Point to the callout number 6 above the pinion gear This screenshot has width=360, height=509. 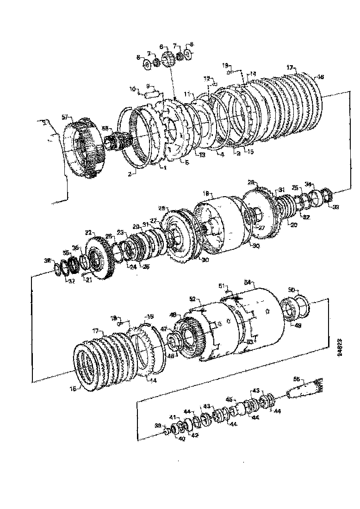pyautogui.click(x=161, y=47)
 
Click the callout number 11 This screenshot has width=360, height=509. pyautogui.click(x=187, y=94)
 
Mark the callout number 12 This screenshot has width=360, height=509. pyautogui.click(x=206, y=78)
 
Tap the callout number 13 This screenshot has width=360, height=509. pyautogui.click(x=202, y=154)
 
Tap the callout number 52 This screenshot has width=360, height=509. pyautogui.click(x=192, y=299)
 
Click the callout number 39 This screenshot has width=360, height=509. pyautogui.click(x=157, y=425)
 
